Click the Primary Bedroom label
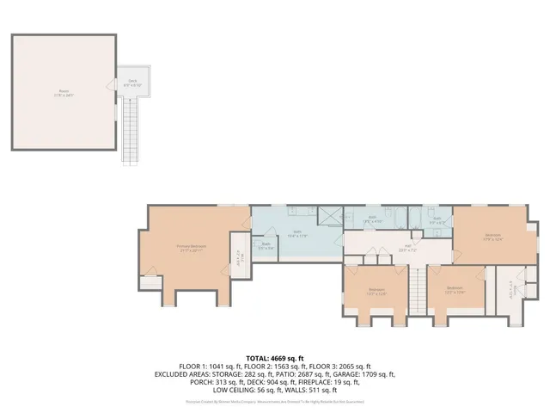(x=191, y=249)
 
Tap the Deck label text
(x=133, y=83)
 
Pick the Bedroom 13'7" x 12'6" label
(x=376, y=291)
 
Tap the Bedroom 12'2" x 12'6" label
(x=455, y=289)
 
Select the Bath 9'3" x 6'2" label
(x=437, y=220)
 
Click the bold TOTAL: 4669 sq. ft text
(x=275, y=358)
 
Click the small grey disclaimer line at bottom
(x=275, y=401)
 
